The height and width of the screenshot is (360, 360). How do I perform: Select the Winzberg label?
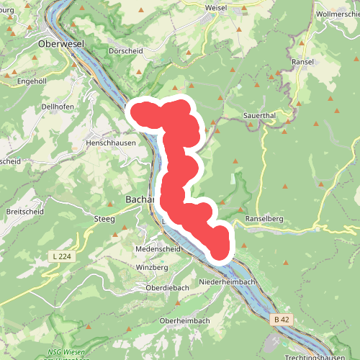point(152,267)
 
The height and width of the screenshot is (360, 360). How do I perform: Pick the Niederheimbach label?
point(227,282)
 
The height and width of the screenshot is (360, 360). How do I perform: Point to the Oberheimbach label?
point(184,320)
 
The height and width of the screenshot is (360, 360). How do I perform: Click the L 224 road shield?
point(63,256)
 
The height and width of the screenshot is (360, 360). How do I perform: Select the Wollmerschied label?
point(338,14)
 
